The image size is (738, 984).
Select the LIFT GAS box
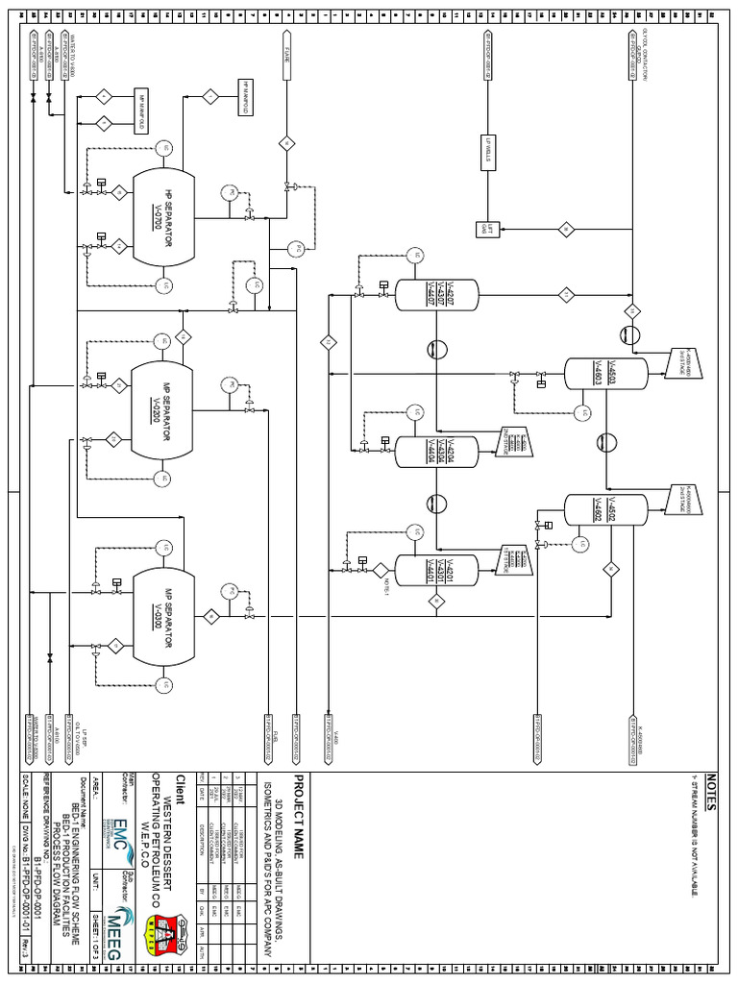(x=486, y=229)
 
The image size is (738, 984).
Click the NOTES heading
(x=711, y=788)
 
